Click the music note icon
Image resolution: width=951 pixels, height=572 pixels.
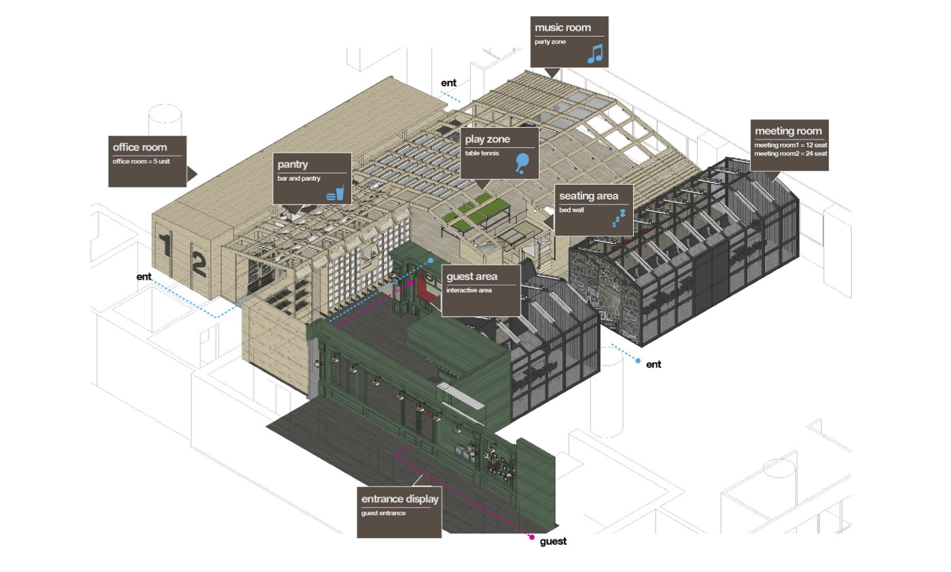[595, 54]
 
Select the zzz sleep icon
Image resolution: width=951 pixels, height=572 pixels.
[618, 217]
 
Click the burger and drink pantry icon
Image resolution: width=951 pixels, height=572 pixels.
[336, 192]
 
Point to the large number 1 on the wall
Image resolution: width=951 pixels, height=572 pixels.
[165, 247]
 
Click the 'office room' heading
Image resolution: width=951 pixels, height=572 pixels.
[140, 147]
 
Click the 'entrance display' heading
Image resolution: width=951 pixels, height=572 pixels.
[400, 499]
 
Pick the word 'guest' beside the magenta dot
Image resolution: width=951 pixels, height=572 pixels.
[553, 541]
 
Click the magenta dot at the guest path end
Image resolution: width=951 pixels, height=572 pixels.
[532, 537]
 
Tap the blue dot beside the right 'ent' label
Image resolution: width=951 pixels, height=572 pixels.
[637, 361]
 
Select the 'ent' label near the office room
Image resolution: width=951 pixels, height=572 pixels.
[143, 276]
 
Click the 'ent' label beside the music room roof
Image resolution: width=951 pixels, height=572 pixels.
[448, 84]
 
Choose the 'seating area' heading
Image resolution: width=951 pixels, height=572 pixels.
[589, 196]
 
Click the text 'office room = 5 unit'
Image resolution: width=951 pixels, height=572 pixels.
[139, 161]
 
